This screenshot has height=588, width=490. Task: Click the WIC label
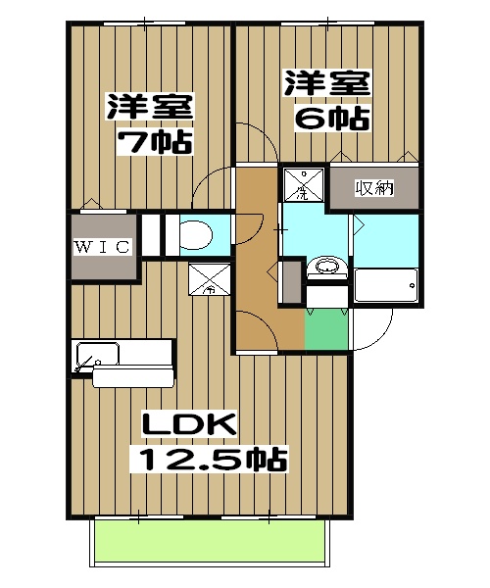pyautogui.click(x=101, y=247)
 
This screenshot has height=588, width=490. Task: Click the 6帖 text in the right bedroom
pyautogui.click(x=333, y=119)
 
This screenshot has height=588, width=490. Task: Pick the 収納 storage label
pyautogui.click(x=373, y=186)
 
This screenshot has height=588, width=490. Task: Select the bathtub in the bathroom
pyautogui.click(x=385, y=286)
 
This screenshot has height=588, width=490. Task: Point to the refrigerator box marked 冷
pyautogui.click(x=209, y=280)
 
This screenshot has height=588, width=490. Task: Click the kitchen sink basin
pyautogui.click(x=97, y=354)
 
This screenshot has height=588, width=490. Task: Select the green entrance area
pyautogui.click(x=325, y=331)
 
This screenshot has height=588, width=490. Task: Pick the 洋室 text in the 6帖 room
pyautogui.click(x=327, y=82)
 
